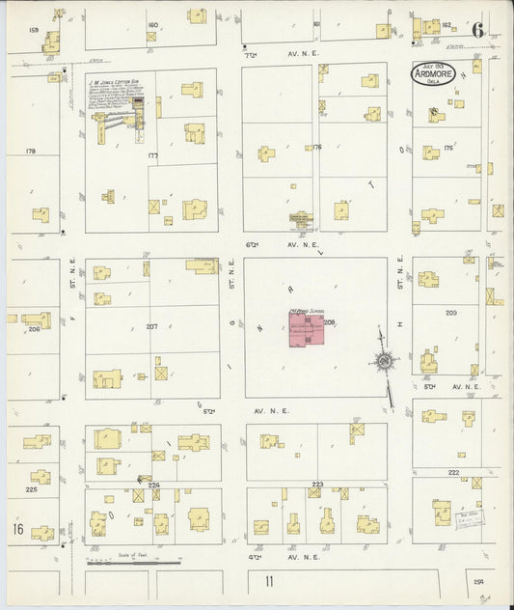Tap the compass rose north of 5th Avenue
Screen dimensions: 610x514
click(385, 362)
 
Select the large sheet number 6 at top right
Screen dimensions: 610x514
click(477, 29)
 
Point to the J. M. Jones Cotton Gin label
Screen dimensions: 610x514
click(116, 82)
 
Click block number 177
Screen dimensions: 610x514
click(151, 154)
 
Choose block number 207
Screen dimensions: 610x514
click(151, 326)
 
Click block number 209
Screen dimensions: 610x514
click(450, 314)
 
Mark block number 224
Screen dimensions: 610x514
click(152, 484)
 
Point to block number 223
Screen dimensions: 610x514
click(316, 484)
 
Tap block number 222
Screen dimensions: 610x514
click(452, 473)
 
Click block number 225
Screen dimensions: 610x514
click(31, 489)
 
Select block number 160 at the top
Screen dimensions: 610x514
click(152, 25)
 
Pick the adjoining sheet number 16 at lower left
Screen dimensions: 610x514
click(17, 530)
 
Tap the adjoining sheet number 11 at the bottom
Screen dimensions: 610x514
click(271, 582)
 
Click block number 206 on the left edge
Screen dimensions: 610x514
click(34, 329)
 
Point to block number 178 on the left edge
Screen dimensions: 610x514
click(30, 152)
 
